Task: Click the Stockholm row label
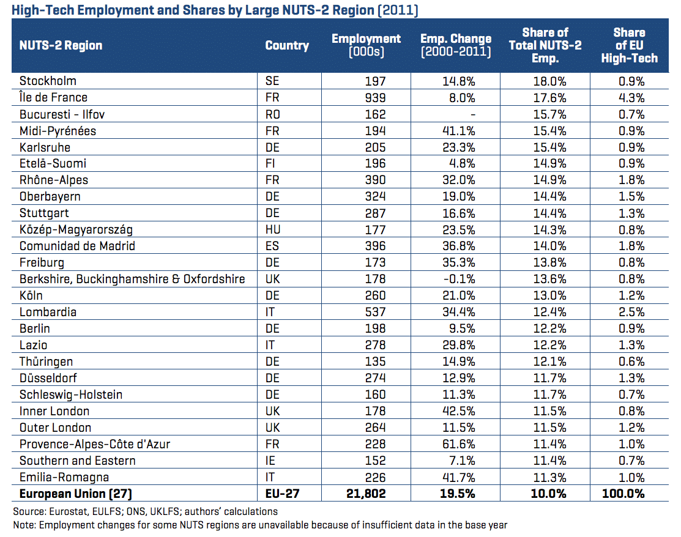point(48,81)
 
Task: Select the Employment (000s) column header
point(366,45)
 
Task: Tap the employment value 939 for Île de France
point(375,98)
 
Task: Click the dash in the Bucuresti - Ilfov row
point(473,114)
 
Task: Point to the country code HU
point(273,229)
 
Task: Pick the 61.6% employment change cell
point(459,444)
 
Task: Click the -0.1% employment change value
point(459,279)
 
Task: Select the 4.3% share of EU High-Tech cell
point(631,98)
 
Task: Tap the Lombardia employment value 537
point(375,312)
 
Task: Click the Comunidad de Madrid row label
point(77,246)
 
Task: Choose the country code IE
point(270,461)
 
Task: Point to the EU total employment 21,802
point(366,494)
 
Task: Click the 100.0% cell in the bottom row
point(623,494)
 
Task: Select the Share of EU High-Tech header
point(630,45)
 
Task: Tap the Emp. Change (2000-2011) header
point(456,45)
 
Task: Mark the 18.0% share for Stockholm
point(550,81)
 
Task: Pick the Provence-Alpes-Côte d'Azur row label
point(95,444)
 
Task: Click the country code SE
point(272,81)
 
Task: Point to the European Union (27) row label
point(76,494)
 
